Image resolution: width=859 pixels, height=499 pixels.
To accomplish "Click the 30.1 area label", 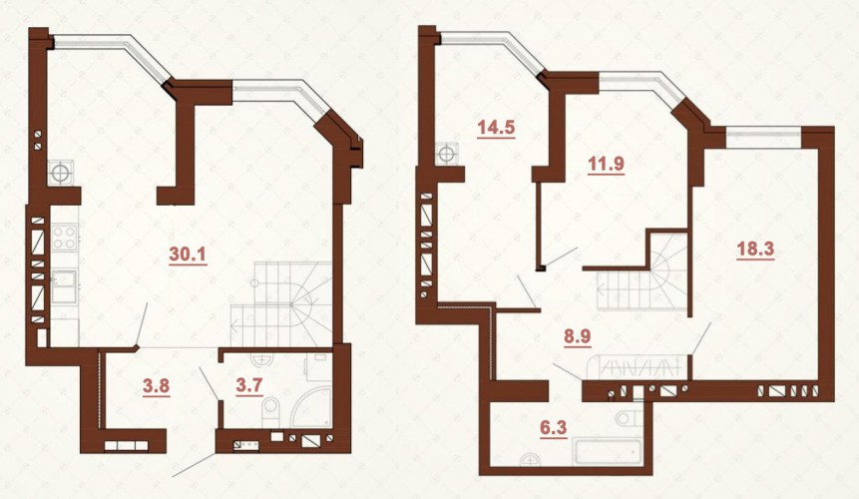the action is (x=188, y=254).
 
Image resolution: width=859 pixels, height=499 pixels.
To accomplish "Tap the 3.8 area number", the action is (x=156, y=386).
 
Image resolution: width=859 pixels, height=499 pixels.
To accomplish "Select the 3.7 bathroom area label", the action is (x=249, y=386).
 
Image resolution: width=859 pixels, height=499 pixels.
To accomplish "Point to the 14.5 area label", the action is (x=496, y=128).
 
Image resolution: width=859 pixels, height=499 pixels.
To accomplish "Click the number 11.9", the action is (x=606, y=164).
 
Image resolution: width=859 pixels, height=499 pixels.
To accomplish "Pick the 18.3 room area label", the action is (x=755, y=249).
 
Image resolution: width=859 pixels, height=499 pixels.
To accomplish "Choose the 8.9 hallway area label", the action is (x=578, y=335).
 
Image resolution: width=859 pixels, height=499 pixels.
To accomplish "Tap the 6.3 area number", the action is (x=554, y=427).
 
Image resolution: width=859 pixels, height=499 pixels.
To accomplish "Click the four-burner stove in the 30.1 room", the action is (x=64, y=239).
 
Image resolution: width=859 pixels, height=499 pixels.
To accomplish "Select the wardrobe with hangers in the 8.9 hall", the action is (x=637, y=367).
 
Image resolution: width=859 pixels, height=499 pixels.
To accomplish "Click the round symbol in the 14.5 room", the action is (x=447, y=153).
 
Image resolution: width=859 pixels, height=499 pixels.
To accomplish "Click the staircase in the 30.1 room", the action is (x=281, y=304).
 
